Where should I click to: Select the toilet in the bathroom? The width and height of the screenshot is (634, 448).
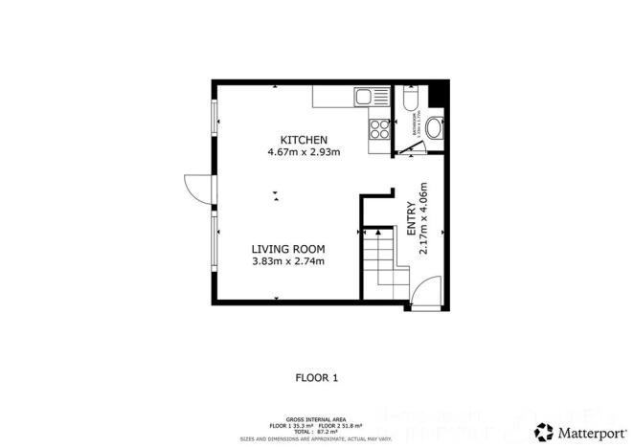click(410, 101)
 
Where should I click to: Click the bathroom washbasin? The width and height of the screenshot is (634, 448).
click(434, 127)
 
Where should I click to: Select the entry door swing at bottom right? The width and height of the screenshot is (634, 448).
click(427, 291)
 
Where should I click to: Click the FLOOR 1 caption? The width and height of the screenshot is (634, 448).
click(316, 378)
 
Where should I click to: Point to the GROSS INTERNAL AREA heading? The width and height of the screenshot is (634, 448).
click(316, 418)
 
